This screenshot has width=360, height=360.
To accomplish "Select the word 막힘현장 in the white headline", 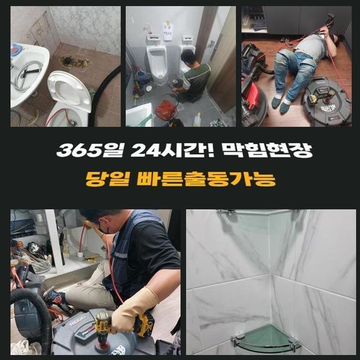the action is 268,151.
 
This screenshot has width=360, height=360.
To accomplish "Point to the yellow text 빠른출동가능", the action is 206,179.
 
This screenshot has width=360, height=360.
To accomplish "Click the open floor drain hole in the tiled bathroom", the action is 68,61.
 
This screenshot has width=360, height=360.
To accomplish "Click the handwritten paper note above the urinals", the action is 168,31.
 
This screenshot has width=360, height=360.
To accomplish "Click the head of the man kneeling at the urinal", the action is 188,57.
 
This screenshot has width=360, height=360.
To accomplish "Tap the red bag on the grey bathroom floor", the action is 166,109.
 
